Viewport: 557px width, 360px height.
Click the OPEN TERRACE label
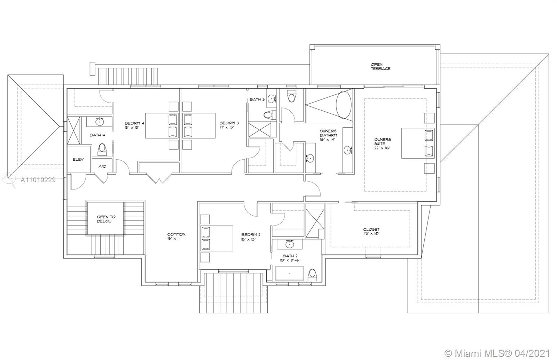coord(380,66)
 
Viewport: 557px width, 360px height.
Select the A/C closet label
coord(102,166)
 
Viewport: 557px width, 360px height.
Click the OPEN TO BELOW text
coord(106,219)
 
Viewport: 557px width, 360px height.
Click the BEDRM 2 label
coord(251,235)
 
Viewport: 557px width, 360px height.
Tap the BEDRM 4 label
coord(134,123)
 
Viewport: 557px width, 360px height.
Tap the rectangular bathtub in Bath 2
coord(290,273)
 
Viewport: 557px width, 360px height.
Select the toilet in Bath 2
coord(312,274)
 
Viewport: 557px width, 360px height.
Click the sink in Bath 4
coord(100,121)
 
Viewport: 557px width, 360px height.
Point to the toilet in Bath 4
coord(102,149)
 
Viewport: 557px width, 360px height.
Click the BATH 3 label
coord(257,99)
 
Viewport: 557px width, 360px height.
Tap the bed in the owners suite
coord(418,143)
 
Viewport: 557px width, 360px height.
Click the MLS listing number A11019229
coord(38,180)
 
